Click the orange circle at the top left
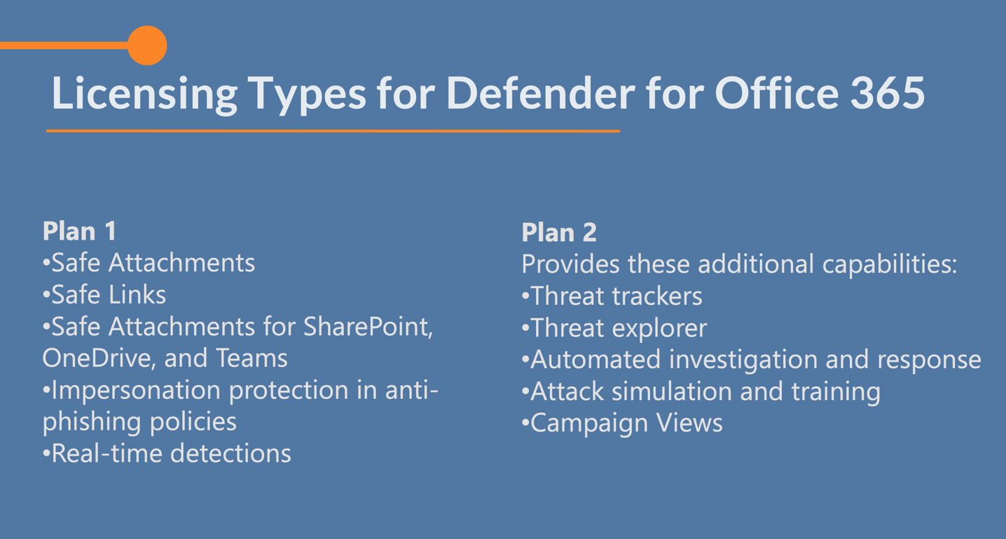(147, 46)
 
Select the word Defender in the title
(540, 93)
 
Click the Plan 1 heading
(79, 231)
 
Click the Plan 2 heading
(558, 233)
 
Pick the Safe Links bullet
(104, 294)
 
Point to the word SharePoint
(368, 327)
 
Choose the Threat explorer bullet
(614, 328)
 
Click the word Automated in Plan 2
(595, 359)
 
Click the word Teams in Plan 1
(251, 358)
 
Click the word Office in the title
(776, 93)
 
